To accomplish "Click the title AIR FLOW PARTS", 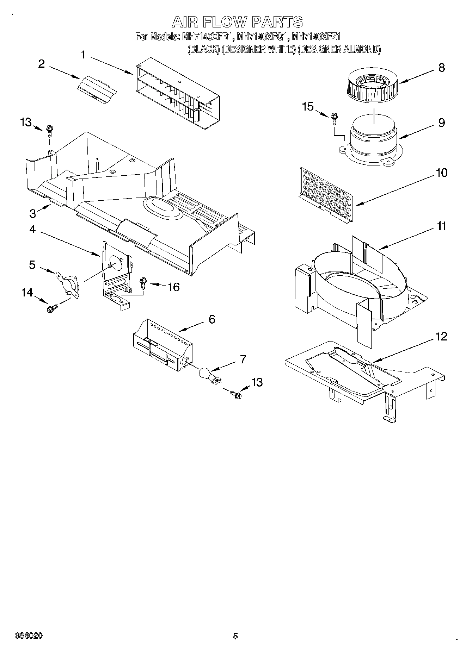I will [x=237, y=22].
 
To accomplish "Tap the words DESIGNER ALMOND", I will [x=339, y=49].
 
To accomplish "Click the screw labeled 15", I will [x=333, y=119].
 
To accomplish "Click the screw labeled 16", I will [x=143, y=282].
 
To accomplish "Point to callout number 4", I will [x=32, y=230].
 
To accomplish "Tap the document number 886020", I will [x=29, y=636].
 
